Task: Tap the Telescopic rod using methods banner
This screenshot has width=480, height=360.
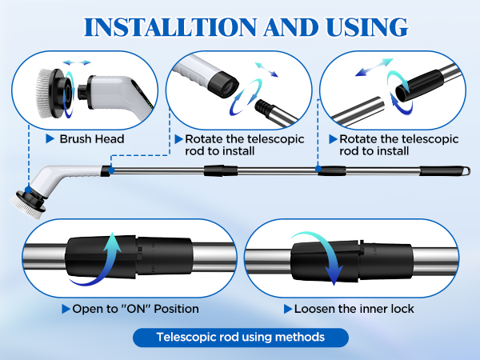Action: tap(241, 337)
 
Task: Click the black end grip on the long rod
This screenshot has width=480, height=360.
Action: tap(439, 171)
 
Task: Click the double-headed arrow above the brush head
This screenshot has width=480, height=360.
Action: tap(77, 61)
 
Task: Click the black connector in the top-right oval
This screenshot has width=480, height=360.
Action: tap(420, 82)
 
